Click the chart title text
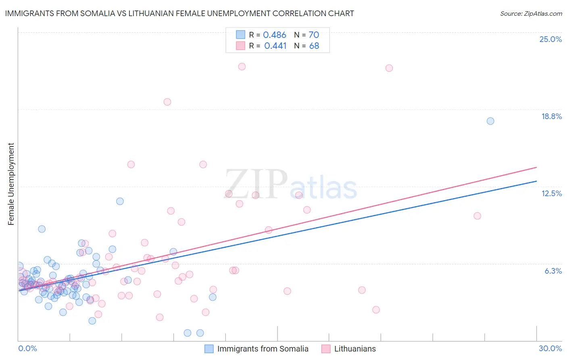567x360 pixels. [x=179, y=13]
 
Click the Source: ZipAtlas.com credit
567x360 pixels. [x=531, y=13]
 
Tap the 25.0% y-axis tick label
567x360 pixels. [x=550, y=39]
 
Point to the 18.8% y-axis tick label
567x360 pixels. [x=551, y=116]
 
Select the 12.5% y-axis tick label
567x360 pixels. [x=551, y=193]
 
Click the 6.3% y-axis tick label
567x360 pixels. [x=553, y=271]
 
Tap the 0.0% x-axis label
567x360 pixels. [x=27, y=348]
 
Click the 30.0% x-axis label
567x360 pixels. [x=550, y=348]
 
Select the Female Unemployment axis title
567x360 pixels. [x=11, y=184]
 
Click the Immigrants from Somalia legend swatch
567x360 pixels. [x=209, y=349]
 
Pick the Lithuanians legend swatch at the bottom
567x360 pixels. [x=326, y=349]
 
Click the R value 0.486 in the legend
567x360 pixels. [x=275, y=35]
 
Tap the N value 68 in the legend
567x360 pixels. [x=314, y=46]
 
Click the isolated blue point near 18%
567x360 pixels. [x=490, y=121]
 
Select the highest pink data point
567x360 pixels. [x=242, y=67]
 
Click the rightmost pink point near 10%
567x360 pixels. [x=477, y=216]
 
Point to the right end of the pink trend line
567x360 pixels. [x=536, y=167]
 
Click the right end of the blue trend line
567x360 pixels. [x=536, y=181]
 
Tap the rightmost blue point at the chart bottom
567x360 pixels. [x=200, y=333]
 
